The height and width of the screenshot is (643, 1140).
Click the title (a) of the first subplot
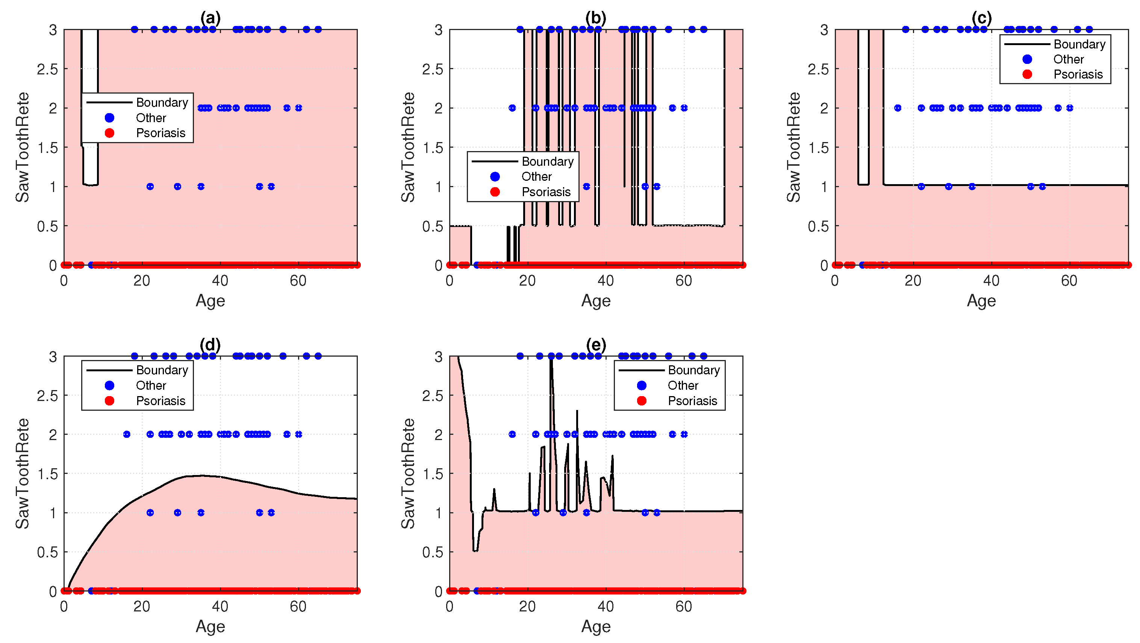[210, 18]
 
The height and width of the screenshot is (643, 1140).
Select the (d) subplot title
[210, 345]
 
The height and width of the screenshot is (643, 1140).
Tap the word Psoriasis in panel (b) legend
[546, 192]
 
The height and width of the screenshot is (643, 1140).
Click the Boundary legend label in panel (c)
[1079, 44]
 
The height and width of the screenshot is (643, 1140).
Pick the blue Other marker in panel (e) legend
[642, 386]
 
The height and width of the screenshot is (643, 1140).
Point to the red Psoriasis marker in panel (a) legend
[110, 133]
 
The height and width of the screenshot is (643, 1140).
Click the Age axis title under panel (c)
[981, 301]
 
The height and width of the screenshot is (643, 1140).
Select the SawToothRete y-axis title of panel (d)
[22, 474]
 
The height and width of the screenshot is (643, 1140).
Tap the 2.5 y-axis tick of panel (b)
[432, 69]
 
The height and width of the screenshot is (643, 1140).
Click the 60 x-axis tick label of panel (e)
[684, 606]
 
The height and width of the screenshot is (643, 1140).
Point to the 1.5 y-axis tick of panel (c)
[818, 147]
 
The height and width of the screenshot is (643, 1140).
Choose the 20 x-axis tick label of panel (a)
[142, 281]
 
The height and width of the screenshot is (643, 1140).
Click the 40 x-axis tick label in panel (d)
[220, 606]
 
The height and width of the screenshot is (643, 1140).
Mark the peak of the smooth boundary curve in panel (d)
[202, 476]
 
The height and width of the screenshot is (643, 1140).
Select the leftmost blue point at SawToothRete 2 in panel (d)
[127, 434]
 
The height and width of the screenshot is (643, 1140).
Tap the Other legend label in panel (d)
[151, 386]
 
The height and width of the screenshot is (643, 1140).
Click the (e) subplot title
[596, 345]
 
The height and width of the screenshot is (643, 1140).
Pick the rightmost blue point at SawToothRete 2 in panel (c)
[1070, 108]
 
